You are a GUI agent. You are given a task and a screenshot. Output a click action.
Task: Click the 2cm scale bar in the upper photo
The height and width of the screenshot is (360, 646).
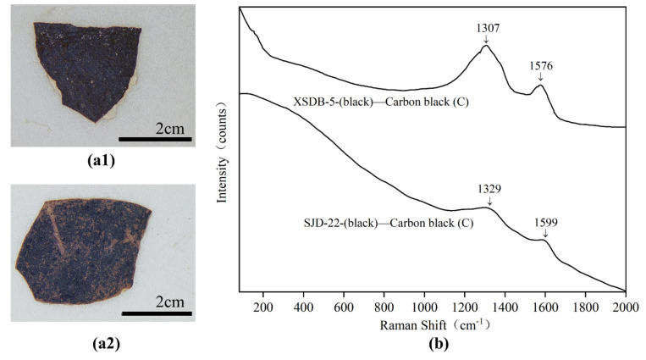(x=155, y=137)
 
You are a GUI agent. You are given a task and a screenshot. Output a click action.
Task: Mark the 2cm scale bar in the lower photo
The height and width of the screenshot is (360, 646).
(x=157, y=313)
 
